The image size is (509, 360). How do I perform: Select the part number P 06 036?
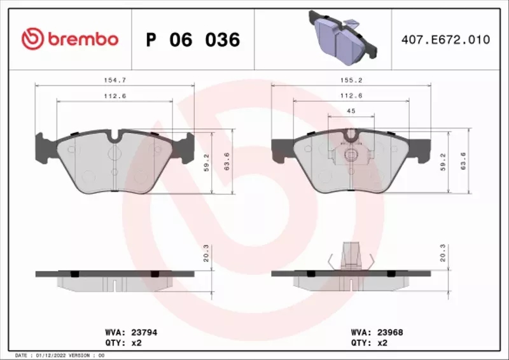[x=193, y=40]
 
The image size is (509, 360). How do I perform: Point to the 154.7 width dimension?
[x=115, y=81]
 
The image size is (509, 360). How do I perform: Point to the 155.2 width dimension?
[x=351, y=81]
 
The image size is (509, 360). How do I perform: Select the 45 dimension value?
[x=351, y=111]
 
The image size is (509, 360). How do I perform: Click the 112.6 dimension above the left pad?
[x=115, y=96]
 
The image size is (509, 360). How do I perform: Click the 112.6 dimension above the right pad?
[x=351, y=96]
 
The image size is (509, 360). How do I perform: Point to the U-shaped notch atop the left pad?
[x=115, y=136]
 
